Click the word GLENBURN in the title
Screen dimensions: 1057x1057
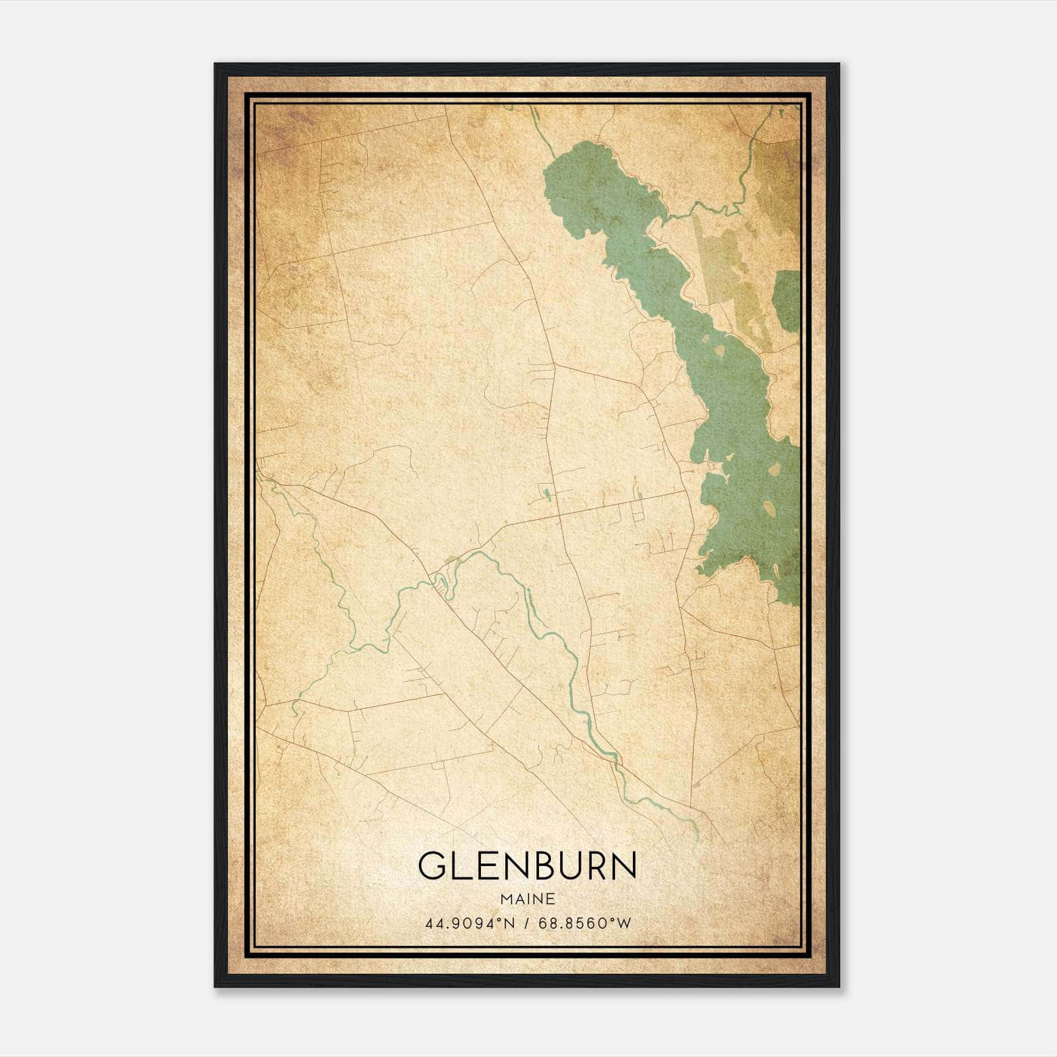click(x=527, y=865)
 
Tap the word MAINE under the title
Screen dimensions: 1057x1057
click(x=527, y=899)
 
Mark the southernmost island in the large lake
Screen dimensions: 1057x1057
click(x=770, y=509)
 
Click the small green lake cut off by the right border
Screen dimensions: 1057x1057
click(x=788, y=301)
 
